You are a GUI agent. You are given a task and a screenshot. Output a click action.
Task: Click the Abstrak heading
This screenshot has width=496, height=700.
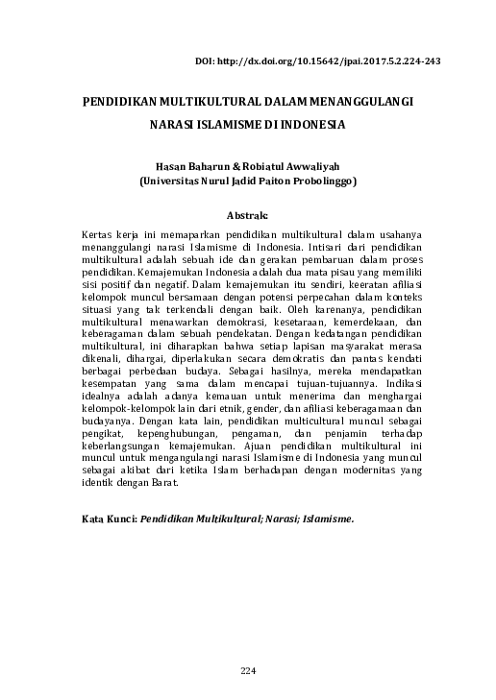245,215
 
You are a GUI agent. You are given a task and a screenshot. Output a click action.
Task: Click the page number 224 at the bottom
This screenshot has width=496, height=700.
247,669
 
